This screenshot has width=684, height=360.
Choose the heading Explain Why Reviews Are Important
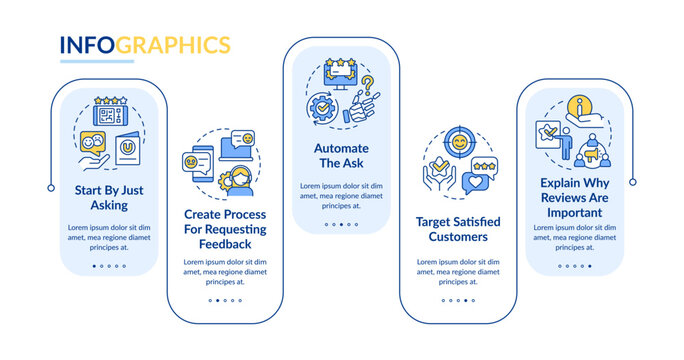pyautogui.click(x=575, y=198)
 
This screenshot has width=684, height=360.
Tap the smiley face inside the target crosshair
pyautogui.click(x=459, y=142)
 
